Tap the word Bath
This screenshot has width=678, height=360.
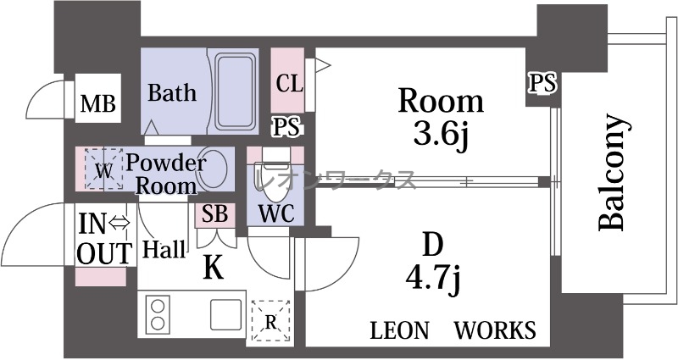click(172, 92)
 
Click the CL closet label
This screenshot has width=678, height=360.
click(289, 83)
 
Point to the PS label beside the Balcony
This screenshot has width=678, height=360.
click(542, 82)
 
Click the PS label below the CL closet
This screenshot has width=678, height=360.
click(287, 128)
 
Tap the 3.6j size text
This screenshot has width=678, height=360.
click(441, 135)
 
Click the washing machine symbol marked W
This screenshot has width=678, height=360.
click(103, 169)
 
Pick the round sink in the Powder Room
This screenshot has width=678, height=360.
click(213, 169)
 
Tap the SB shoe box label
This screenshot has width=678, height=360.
click(215, 214)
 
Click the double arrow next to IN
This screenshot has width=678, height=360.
click(119, 223)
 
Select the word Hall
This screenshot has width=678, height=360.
click(164, 249)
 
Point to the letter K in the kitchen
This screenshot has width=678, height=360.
click(214, 269)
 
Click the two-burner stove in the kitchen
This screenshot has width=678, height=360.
click(158, 314)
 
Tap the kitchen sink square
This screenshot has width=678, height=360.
click(225, 314)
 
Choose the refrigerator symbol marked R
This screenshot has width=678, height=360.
click(270, 321)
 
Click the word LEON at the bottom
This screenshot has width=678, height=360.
click(400, 330)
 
